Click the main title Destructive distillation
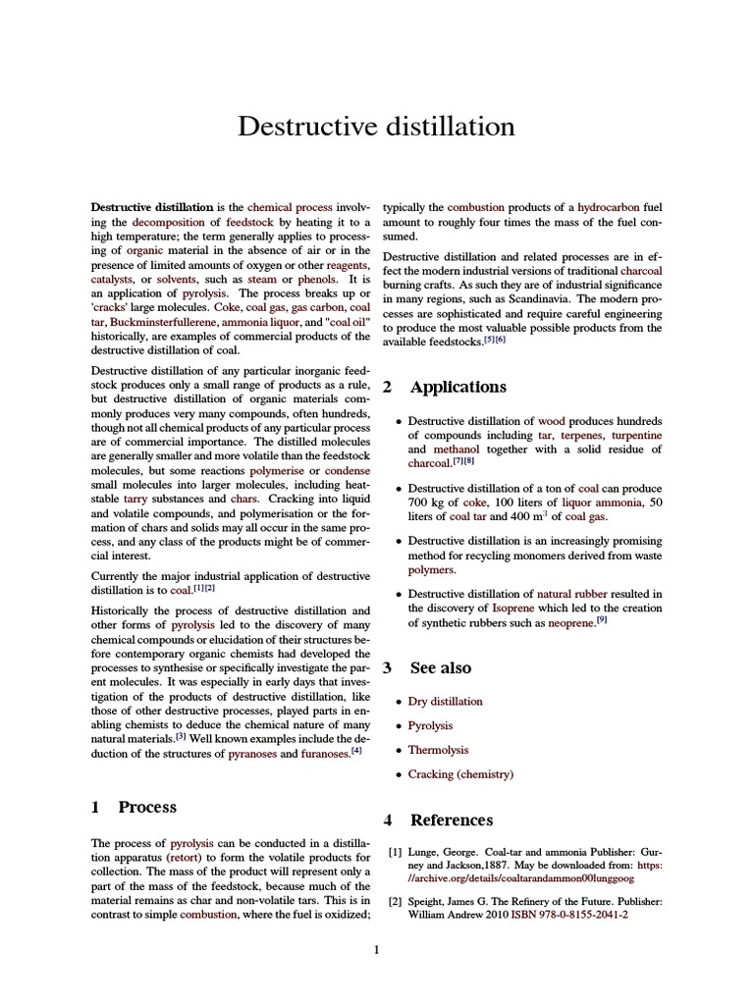377,128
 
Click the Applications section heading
458,387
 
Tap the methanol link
457,450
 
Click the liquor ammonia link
602,502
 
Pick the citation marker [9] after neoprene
602,621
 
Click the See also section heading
440,668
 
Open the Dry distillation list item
445,702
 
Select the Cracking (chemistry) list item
460,774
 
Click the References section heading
451,820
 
